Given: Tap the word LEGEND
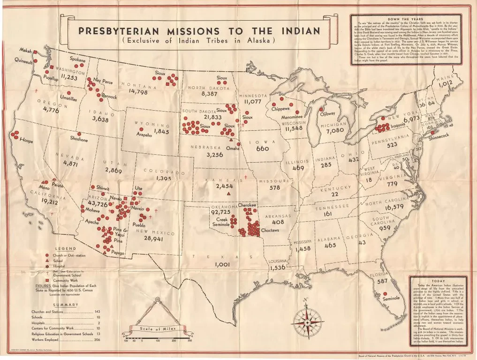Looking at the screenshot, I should (67, 248).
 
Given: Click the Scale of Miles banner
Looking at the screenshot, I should (158, 329).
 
